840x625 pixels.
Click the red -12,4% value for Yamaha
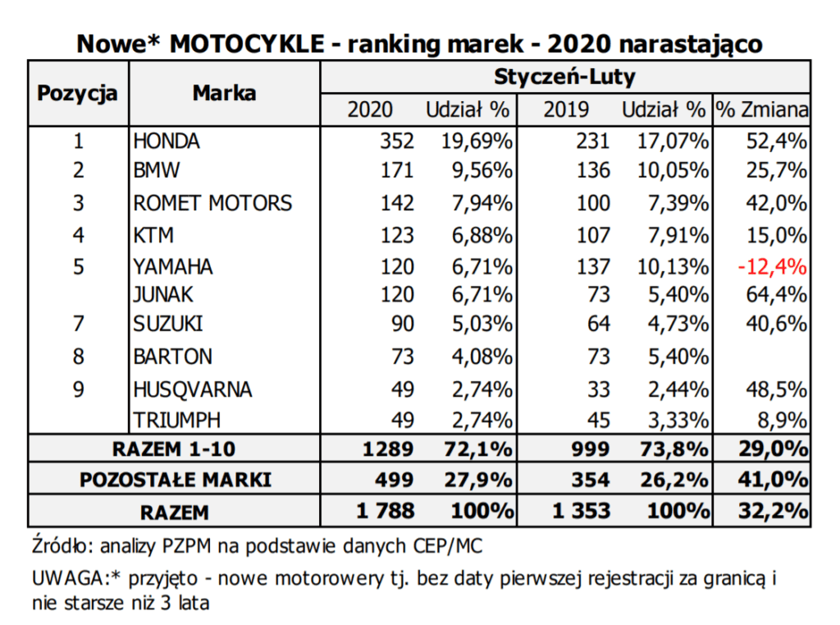click(x=772, y=267)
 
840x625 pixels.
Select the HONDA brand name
click(x=166, y=141)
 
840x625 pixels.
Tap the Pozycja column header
click(x=77, y=94)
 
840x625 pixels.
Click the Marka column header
click(x=224, y=93)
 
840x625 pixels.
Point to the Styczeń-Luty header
click(x=564, y=76)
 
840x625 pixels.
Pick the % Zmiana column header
click(x=762, y=109)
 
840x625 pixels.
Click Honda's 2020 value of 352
click(x=397, y=141)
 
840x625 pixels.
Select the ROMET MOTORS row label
click(x=212, y=204)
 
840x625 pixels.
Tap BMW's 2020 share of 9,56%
click(x=482, y=171)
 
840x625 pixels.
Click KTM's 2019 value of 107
click(x=593, y=235)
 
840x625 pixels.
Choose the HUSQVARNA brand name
click(x=192, y=389)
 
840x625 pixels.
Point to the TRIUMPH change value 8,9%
click(x=782, y=420)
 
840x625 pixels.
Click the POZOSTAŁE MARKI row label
click(x=176, y=480)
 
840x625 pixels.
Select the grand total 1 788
click(x=386, y=511)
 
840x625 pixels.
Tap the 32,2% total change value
click(x=773, y=511)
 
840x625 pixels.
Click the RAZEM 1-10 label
click(x=174, y=449)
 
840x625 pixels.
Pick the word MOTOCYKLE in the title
click(x=247, y=44)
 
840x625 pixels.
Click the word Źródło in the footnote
click(x=62, y=545)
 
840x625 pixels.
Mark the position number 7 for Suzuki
click(x=78, y=324)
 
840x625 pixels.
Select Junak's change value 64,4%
click(x=776, y=295)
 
